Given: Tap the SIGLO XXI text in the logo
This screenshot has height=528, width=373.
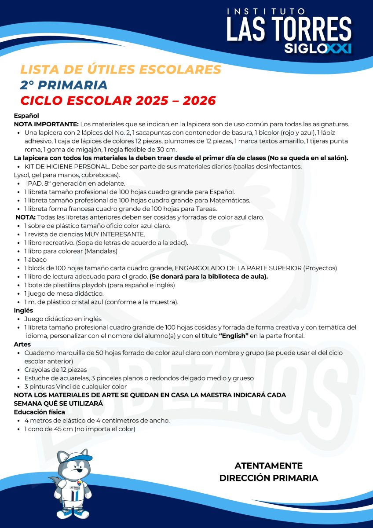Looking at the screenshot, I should [x=318, y=48].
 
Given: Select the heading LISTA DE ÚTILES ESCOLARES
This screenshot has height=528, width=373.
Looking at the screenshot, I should [x=121, y=70].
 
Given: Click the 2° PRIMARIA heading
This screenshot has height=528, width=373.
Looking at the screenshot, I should [x=64, y=85].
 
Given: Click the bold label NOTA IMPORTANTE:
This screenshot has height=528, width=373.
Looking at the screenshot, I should [x=46, y=124].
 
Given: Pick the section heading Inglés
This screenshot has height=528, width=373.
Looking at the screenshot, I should [x=23, y=311].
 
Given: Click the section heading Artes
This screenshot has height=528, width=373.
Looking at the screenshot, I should [x=22, y=344].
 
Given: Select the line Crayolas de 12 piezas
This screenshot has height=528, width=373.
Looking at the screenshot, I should [x=55, y=370].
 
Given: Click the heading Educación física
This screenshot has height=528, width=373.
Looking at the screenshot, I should [x=40, y=412].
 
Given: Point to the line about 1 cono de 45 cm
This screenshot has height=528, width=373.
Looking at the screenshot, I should [x=79, y=429].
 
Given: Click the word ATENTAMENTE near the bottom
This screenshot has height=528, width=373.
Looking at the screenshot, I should [x=268, y=466].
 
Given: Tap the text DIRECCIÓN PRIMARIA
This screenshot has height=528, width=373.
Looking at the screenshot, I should [x=268, y=478].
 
